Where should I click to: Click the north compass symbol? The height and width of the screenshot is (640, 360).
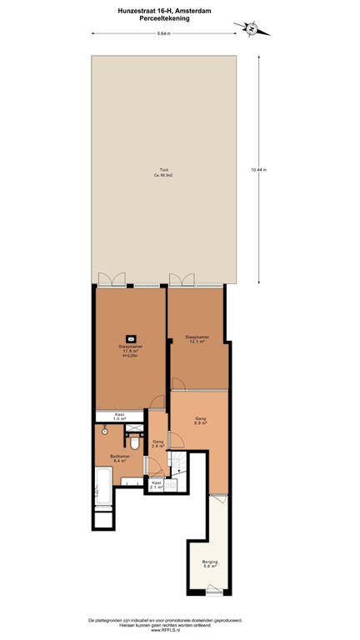(252, 28)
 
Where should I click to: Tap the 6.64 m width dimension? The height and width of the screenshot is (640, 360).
(163, 34)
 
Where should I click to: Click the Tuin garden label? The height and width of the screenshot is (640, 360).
(164, 172)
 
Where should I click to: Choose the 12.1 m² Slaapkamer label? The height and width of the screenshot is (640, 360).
(197, 339)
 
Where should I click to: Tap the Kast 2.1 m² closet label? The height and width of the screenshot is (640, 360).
(156, 485)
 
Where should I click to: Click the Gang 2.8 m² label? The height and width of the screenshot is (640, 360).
(157, 445)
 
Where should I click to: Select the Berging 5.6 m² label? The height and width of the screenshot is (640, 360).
(210, 564)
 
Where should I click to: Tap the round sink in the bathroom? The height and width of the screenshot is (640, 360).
(103, 433)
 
